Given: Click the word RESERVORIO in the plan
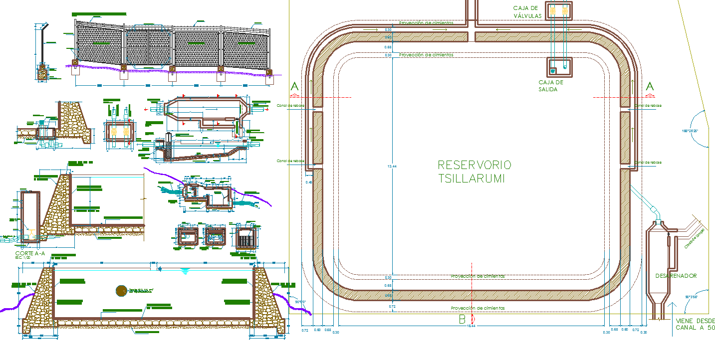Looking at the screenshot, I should click(x=474, y=165).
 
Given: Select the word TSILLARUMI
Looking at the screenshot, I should click(x=471, y=179).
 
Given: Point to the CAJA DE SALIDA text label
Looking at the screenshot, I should click(x=550, y=86).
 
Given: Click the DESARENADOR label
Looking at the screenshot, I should click(x=676, y=276).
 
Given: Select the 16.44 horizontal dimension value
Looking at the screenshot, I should click(x=471, y=326).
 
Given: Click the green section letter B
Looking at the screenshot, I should click(x=463, y=320).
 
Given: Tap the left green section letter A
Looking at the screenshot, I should click(x=294, y=87).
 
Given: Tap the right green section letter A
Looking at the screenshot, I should click(x=650, y=86).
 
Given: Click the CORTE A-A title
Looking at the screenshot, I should click(x=30, y=253).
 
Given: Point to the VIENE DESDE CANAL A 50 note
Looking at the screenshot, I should click(x=695, y=324).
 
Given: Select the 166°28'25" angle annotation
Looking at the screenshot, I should click(x=690, y=131).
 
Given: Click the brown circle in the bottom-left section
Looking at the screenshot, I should click(x=121, y=290).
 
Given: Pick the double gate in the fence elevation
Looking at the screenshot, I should click(x=148, y=47).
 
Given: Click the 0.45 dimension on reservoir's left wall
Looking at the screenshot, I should click(x=308, y=182).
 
